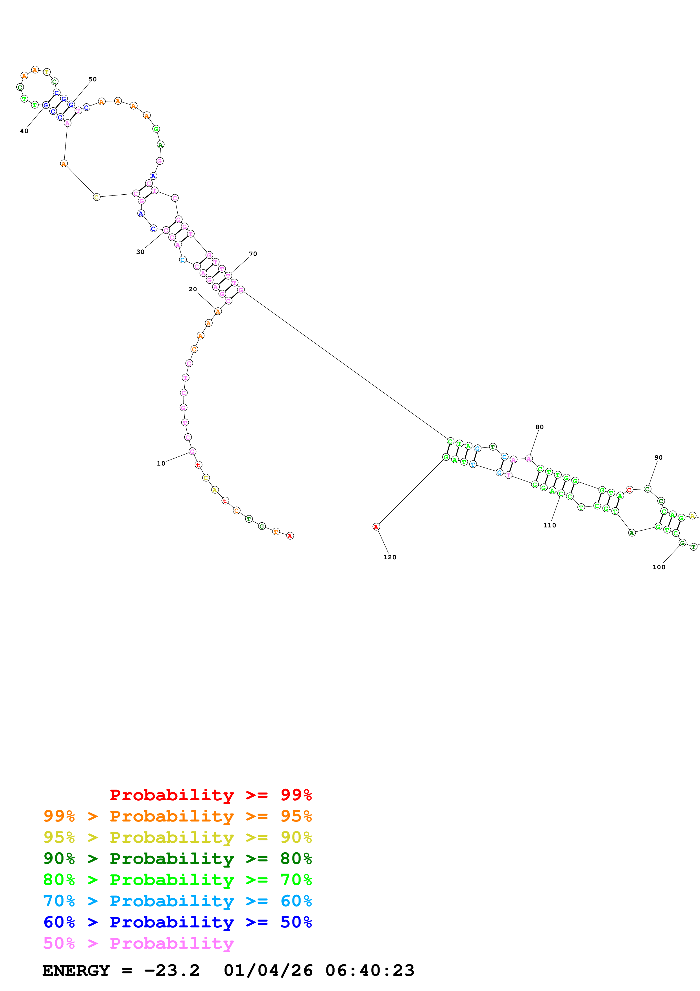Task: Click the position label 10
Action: coord(160,464)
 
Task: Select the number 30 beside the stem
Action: coord(140,252)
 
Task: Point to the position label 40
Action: coord(24,131)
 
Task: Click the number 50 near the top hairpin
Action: coord(93,79)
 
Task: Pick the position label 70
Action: coord(253,254)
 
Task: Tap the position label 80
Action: coord(539,427)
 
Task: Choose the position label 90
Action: coord(658,458)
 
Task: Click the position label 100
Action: coord(658,567)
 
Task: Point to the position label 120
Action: coord(389,557)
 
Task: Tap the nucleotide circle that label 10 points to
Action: coord(192,451)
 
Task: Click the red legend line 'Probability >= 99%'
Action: coord(210,795)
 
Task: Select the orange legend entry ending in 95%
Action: coord(177,816)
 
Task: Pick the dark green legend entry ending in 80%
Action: coord(177,859)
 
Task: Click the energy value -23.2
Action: coord(172,970)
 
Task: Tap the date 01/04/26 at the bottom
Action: coord(268,970)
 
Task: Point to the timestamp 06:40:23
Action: coord(370,970)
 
